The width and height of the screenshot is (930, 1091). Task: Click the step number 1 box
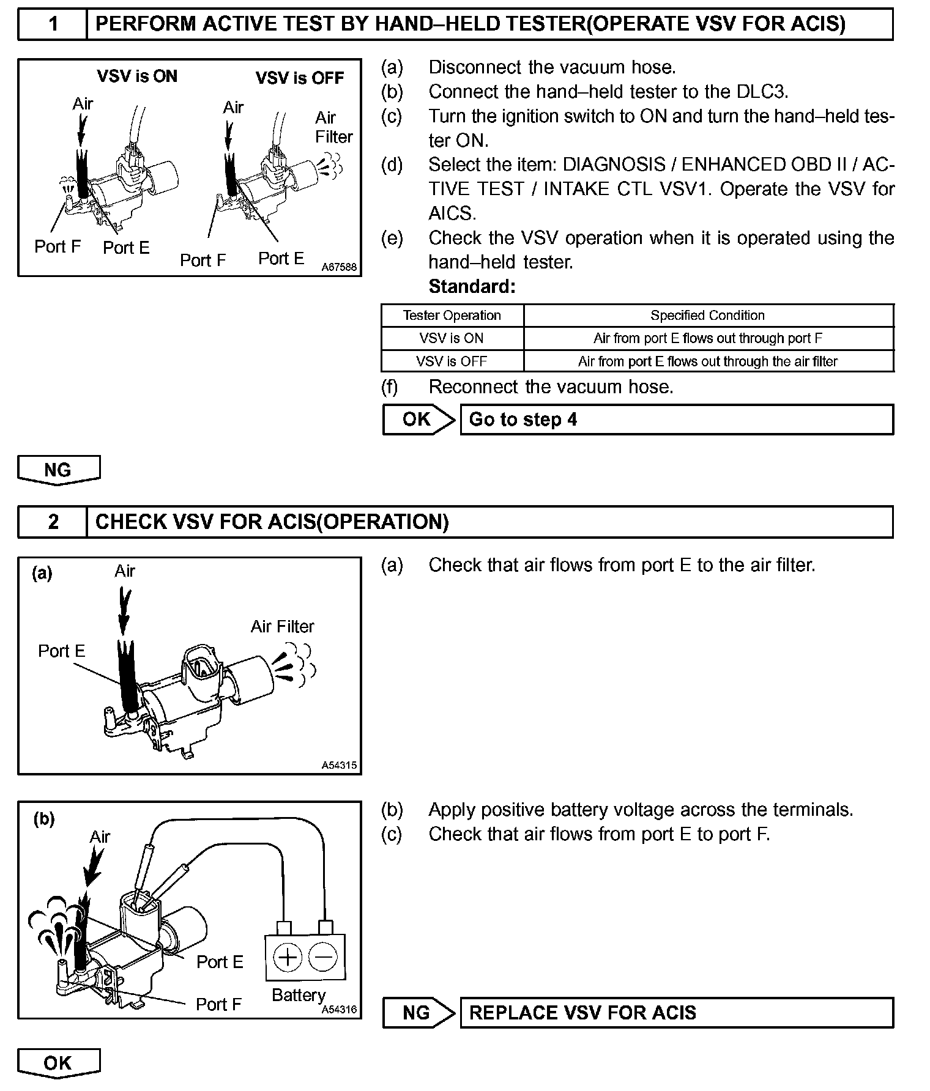point(53,24)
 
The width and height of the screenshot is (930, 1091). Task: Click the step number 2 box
point(53,522)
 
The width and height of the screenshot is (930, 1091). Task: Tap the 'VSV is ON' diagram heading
point(137,76)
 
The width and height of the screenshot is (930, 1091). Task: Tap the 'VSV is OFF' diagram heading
point(300,78)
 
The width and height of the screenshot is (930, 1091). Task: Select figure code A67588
point(339,267)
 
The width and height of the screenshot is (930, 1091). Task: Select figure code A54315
point(339,765)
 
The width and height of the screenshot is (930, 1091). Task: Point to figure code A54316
point(339,1010)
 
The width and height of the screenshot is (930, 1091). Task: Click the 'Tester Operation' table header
point(452,316)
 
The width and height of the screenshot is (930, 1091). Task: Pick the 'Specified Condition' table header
point(707,316)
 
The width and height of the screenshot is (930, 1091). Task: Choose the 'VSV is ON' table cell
point(452,338)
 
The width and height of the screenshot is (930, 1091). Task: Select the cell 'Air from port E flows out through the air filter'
point(707,361)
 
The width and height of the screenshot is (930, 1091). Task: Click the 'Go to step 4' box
point(676,420)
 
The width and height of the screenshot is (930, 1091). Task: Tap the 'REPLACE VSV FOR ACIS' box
point(676,1013)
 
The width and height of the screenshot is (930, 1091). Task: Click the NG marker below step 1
point(58,470)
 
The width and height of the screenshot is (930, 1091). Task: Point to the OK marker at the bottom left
point(58,1063)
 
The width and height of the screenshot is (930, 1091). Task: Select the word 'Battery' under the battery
point(299,995)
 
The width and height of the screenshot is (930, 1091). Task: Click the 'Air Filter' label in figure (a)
point(282,627)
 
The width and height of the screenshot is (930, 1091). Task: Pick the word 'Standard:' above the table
point(472,286)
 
